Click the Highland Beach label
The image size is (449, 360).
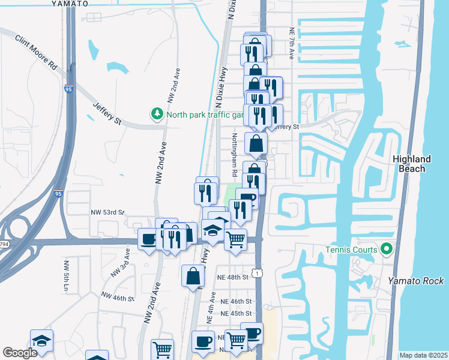click(412, 164)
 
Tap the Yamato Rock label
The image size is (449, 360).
click(415, 281)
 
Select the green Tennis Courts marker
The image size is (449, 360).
click(387, 248)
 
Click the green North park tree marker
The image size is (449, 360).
click(157, 113)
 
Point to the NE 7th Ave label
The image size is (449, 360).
click(291, 43)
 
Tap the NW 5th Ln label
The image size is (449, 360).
click(65, 277)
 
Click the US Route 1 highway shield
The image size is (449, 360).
click(257, 274)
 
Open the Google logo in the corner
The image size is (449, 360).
click(20, 353)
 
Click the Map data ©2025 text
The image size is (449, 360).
click(423, 355)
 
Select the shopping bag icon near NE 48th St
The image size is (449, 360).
click(193, 276)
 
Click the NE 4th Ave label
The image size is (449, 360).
click(211, 307)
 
